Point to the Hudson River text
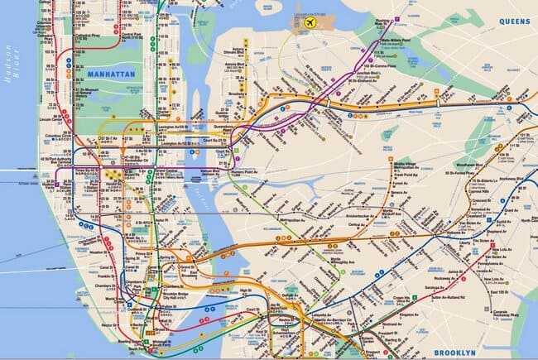click(x=10, y=83)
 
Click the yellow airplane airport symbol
click(x=310, y=22)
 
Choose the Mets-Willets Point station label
click(x=389, y=40)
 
